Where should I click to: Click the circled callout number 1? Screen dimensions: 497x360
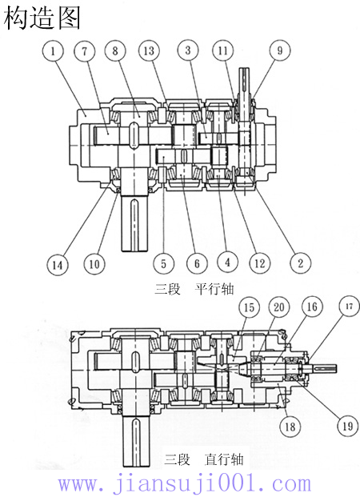(53, 51)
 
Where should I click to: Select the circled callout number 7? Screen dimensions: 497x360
(85, 51)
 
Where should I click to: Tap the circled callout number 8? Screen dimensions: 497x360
(116, 51)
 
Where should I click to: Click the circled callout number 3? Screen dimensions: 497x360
(187, 51)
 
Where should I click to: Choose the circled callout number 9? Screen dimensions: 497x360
(279, 51)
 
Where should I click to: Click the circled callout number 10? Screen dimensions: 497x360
(95, 262)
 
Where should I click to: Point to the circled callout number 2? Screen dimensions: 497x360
(300, 262)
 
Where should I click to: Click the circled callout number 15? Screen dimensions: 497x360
(250, 307)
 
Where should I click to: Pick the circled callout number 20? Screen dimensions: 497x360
(278, 307)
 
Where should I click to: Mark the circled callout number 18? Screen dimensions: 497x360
(289, 427)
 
